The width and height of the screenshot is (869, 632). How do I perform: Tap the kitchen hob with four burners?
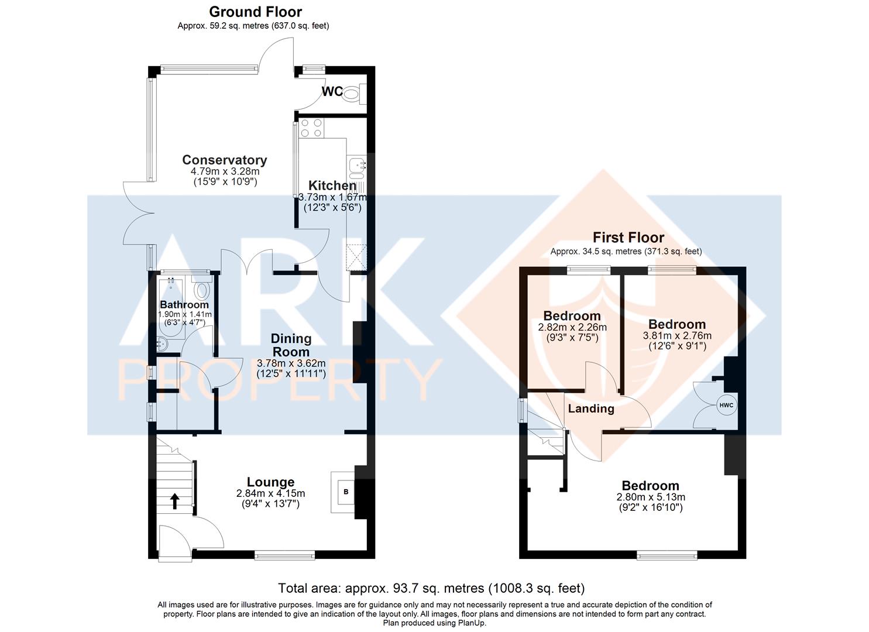pos(311,128)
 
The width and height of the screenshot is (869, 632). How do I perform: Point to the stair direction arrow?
pos(174,501)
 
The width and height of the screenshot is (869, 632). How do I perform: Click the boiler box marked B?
pos(346,492)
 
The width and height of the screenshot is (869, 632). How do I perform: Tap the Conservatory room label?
pos(225,160)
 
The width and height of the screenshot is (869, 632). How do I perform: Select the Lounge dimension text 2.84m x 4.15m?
pos(271,493)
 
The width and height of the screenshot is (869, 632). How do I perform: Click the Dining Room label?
pos(291,345)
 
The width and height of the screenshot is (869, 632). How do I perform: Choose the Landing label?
pos(591,408)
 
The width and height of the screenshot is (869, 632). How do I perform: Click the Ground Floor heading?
pos(255,12)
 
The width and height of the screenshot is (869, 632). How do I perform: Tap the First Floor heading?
pos(628,237)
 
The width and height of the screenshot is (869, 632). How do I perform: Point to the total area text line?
pos(431,588)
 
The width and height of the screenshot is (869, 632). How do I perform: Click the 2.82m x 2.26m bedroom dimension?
pos(572,328)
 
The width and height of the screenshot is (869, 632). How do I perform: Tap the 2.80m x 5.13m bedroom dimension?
pos(651,497)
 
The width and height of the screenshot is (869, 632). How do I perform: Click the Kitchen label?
pos(332,186)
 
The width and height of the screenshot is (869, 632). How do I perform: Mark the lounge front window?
pos(285,557)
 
